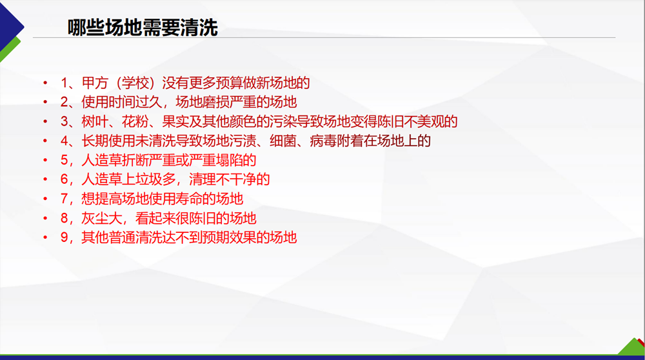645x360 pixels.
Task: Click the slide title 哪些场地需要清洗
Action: pyautogui.click(x=143, y=28)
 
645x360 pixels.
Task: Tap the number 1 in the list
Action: pyautogui.click(x=64, y=83)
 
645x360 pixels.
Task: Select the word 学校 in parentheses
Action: pyautogui.click(x=135, y=83)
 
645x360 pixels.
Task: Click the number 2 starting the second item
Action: pyautogui.click(x=64, y=102)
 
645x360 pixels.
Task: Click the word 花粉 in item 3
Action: pyautogui.click(x=135, y=121)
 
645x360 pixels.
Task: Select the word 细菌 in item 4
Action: pyautogui.click(x=283, y=141)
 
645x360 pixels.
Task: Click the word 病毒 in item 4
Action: pyautogui.click(x=323, y=141)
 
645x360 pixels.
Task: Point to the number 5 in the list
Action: pyautogui.click(x=64, y=160)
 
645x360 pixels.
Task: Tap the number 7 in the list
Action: pyautogui.click(x=64, y=199)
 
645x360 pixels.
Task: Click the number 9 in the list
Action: pyautogui.click(x=64, y=237)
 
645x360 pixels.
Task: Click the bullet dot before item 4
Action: pyautogui.click(x=45, y=141)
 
